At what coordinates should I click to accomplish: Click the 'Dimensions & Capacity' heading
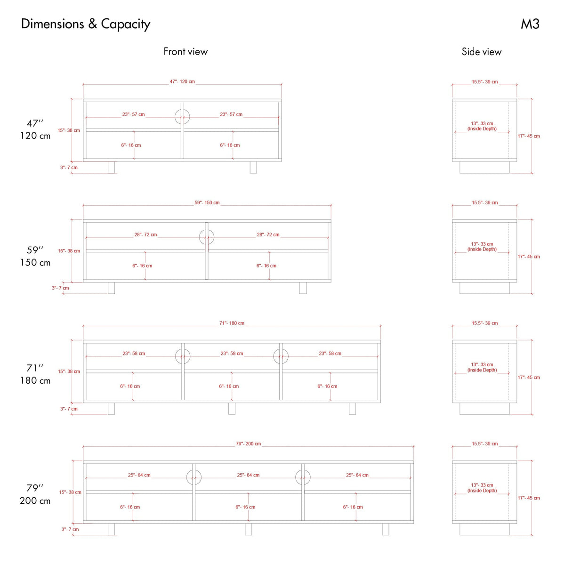click(x=86, y=24)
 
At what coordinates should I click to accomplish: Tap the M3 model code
click(x=530, y=24)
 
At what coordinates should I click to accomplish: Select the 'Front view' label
click(x=186, y=52)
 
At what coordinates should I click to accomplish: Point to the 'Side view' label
click(x=482, y=52)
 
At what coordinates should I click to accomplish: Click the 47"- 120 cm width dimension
click(x=182, y=81)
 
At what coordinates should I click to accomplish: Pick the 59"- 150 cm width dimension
click(x=207, y=202)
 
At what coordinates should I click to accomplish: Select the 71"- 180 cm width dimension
click(x=232, y=323)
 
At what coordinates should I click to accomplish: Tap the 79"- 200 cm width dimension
click(x=248, y=444)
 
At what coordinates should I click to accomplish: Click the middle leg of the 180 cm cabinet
click(x=232, y=408)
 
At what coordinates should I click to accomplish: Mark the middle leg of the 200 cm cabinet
click(x=248, y=529)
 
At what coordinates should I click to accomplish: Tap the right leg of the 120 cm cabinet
click(x=253, y=168)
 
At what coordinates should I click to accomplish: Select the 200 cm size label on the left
click(x=35, y=501)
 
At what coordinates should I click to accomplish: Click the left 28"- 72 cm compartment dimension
click(x=145, y=234)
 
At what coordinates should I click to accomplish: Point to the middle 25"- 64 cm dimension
click(x=248, y=475)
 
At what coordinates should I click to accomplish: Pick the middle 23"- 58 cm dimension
click(x=232, y=353)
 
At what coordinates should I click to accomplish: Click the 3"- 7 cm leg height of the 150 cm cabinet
click(x=60, y=288)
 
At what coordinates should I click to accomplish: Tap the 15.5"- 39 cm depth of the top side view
click(x=484, y=82)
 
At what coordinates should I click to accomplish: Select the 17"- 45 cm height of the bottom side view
click(x=529, y=498)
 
